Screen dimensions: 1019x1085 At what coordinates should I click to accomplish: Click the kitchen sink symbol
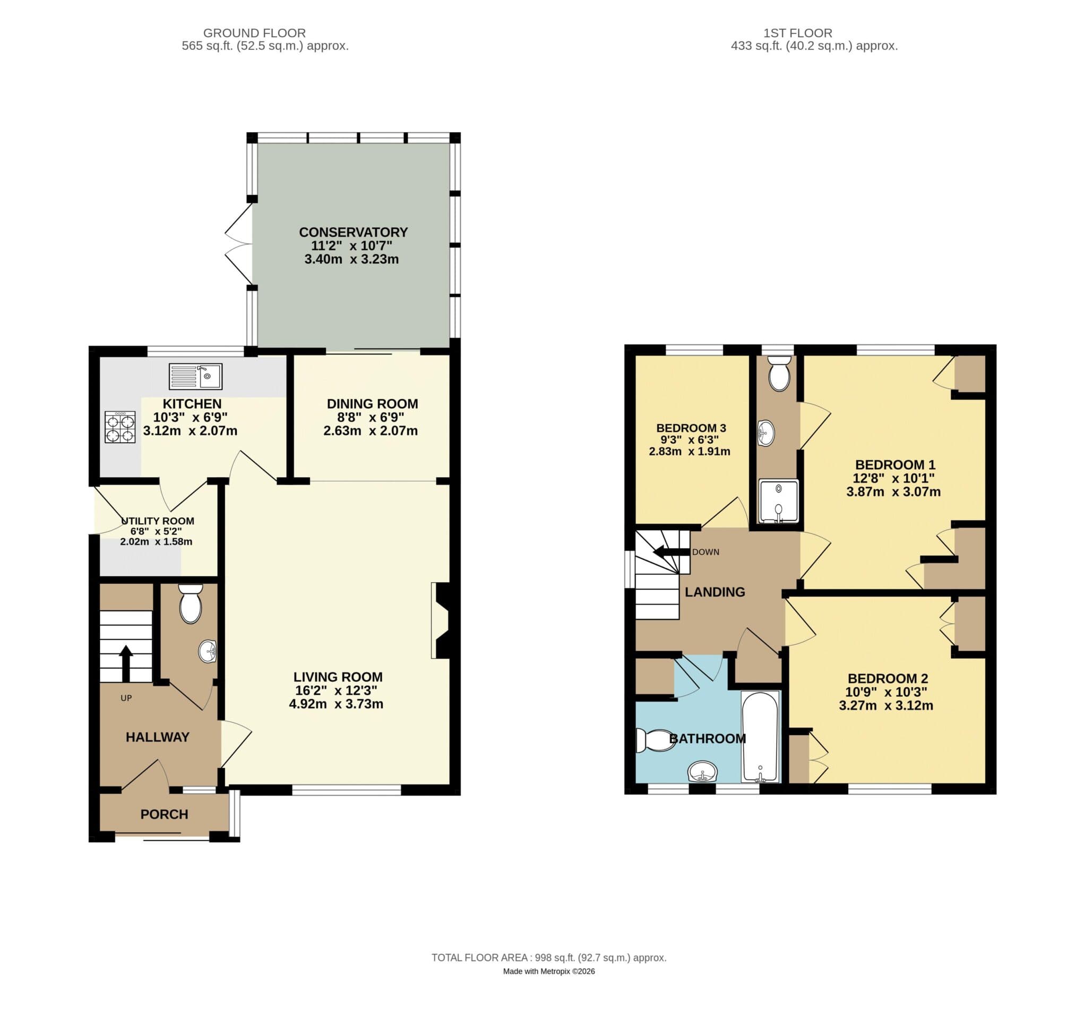pos(195,376)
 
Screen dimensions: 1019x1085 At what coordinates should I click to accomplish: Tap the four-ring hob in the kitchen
pos(120,427)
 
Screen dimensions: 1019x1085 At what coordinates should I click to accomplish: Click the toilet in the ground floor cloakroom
pos(191,604)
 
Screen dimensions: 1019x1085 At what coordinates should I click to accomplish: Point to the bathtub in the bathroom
pos(760,736)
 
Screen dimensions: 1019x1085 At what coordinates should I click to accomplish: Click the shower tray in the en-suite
pos(778,501)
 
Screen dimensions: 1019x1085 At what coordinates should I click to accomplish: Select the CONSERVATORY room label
pos(353,232)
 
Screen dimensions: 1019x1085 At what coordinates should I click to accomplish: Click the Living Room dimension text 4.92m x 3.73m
pos(336,704)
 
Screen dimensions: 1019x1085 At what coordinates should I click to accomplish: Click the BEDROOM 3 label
pos(691,428)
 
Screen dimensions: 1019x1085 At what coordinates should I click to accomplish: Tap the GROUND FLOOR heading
pos(254,33)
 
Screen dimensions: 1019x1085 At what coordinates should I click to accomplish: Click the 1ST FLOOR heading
pos(797,33)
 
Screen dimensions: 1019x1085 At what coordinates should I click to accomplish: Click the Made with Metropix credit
pos(548,971)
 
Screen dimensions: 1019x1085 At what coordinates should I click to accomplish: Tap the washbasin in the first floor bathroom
pos(702,772)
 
